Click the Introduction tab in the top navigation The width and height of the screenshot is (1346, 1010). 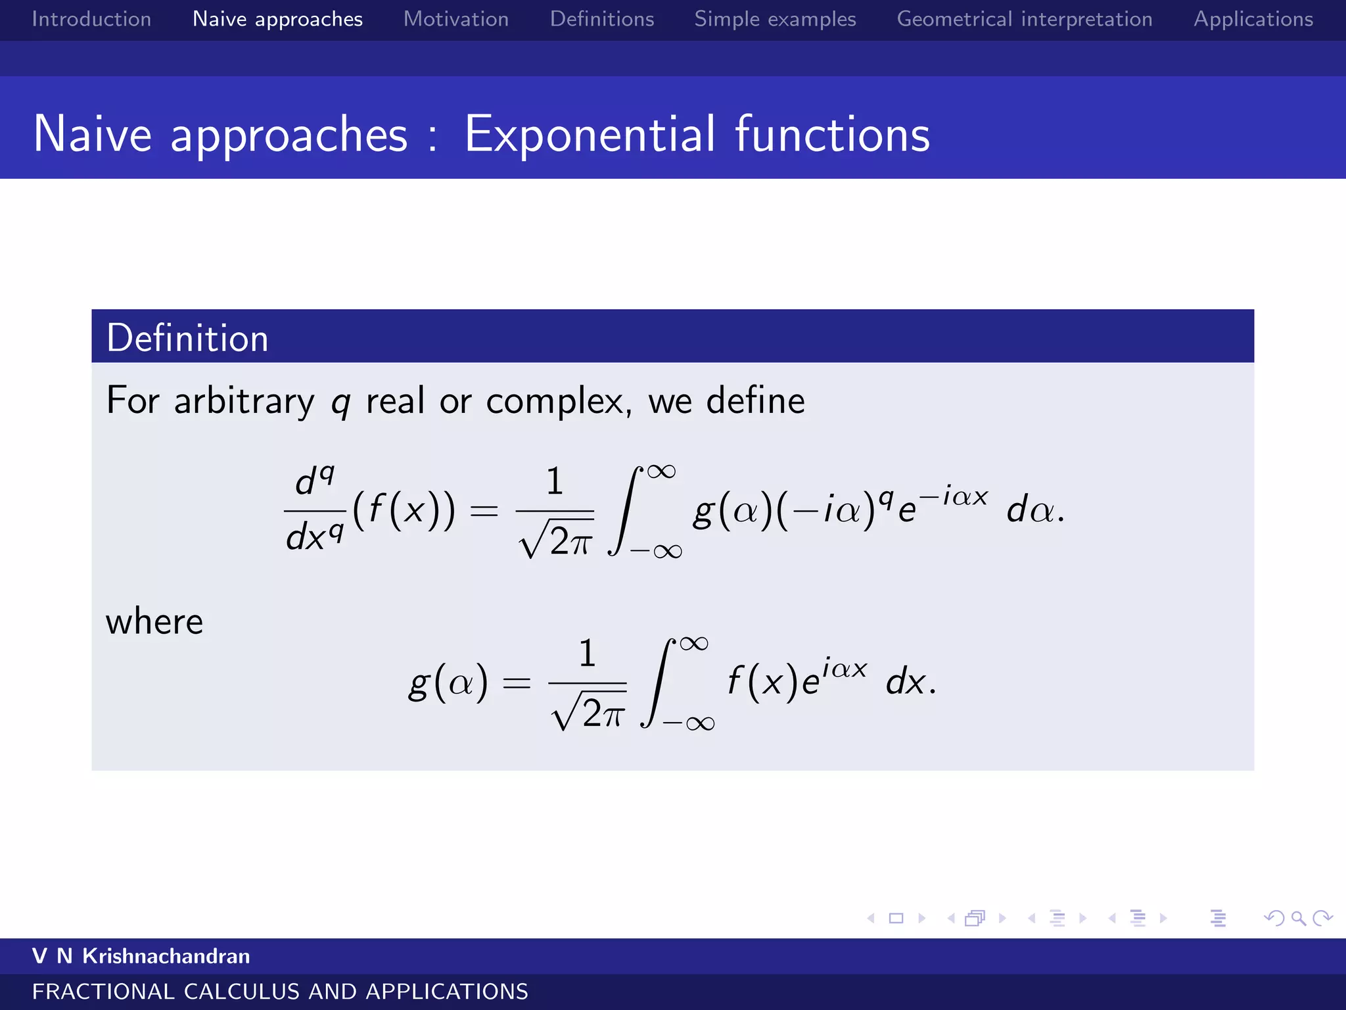[x=91, y=19]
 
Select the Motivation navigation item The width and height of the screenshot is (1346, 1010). [x=456, y=19]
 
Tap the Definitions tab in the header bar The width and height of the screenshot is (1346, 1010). [x=602, y=19]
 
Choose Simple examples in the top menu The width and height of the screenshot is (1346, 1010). [x=775, y=19]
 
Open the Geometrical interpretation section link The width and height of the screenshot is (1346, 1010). [x=1025, y=19]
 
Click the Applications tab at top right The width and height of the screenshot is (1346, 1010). [x=1253, y=19]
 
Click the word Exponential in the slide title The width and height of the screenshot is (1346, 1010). [x=590, y=134]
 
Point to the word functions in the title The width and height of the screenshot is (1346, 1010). [x=832, y=134]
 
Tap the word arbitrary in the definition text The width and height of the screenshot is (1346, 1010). [x=244, y=400]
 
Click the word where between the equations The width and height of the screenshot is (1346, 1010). [x=154, y=621]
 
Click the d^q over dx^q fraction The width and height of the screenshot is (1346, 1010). [x=315, y=510]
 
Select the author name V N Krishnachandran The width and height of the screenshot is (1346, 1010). [x=141, y=956]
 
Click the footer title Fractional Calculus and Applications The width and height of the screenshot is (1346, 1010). [x=280, y=992]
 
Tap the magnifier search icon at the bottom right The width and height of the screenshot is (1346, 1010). [x=1298, y=918]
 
